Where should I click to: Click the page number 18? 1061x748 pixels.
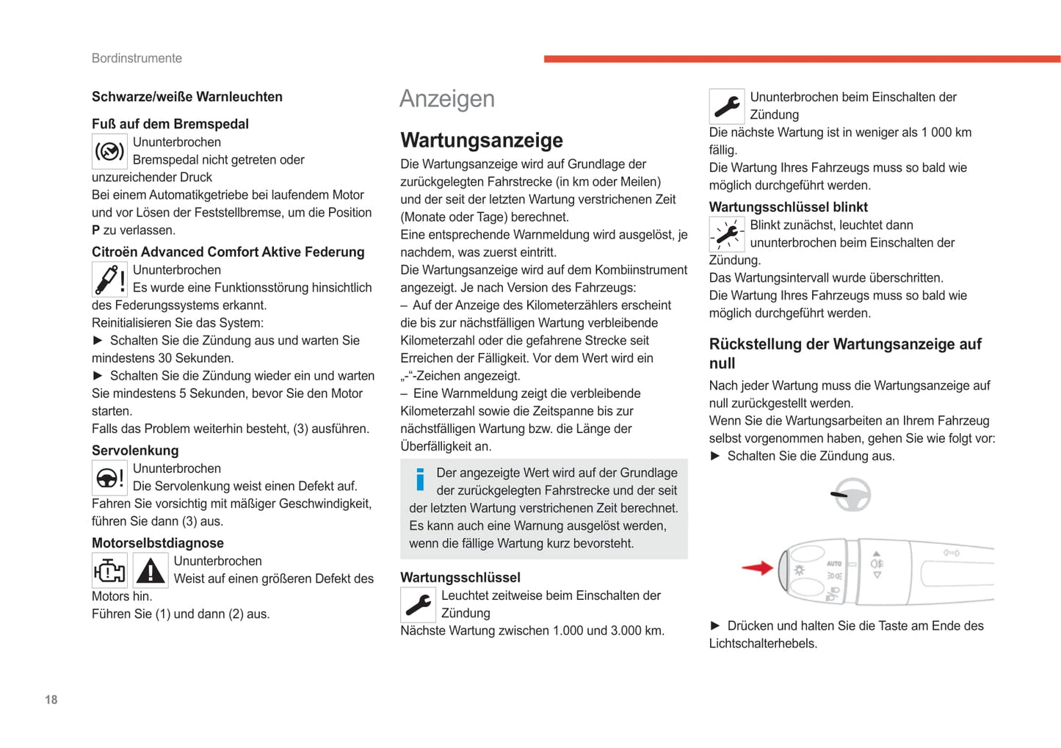tap(51, 700)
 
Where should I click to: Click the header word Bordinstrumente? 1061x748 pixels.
tap(137, 58)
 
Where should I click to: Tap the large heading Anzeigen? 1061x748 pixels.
tap(446, 99)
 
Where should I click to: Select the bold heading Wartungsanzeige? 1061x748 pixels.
tap(481, 140)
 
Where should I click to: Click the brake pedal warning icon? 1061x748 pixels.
tap(109, 151)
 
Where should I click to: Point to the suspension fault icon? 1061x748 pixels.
tap(109, 279)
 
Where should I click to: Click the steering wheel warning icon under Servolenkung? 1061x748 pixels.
tap(109, 478)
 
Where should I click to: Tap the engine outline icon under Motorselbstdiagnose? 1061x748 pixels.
tap(109, 570)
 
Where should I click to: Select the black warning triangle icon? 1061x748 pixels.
tap(151, 570)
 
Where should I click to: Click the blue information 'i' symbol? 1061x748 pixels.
tap(420, 479)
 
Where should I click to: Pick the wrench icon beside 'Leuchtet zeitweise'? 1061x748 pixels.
tap(418, 605)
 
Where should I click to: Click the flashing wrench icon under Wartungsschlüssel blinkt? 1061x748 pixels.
tap(726, 234)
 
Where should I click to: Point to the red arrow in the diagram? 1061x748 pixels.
tap(757, 567)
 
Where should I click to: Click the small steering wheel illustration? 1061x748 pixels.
tap(851, 495)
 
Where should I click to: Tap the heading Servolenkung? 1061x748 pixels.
tap(135, 451)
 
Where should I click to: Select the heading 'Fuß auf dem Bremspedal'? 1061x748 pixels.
tap(170, 124)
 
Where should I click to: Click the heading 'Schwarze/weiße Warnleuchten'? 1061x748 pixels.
tap(187, 97)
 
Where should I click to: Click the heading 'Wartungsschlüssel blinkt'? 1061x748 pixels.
tap(788, 207)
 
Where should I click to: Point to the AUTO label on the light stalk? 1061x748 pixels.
tap(834, 564)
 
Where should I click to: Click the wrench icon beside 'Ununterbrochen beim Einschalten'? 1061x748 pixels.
tap(726, 106)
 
